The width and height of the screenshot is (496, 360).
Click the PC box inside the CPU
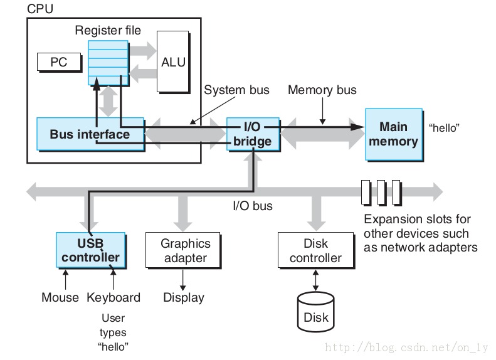coord(59,62)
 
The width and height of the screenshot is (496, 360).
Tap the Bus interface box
coord(90,134)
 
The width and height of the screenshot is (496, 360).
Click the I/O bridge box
coord(252,134)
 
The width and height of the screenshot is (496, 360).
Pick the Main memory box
coord(393,134)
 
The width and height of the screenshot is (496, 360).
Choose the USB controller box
coord(98,250)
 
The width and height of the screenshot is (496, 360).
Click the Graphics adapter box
coord(185,250)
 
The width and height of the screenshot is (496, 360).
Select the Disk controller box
coord(315,250)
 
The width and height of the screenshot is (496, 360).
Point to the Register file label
coord(108,30)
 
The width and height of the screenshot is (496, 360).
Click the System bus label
coord(236,90)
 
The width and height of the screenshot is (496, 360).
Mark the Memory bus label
coord(322,90)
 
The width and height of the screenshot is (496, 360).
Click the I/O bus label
coord(252,205)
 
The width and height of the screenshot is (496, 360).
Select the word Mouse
coord(60,297)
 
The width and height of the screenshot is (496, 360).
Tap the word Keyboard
coord(113,297)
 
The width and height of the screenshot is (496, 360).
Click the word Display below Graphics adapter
coord(184,297)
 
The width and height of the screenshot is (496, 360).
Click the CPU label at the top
coord(40,9)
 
